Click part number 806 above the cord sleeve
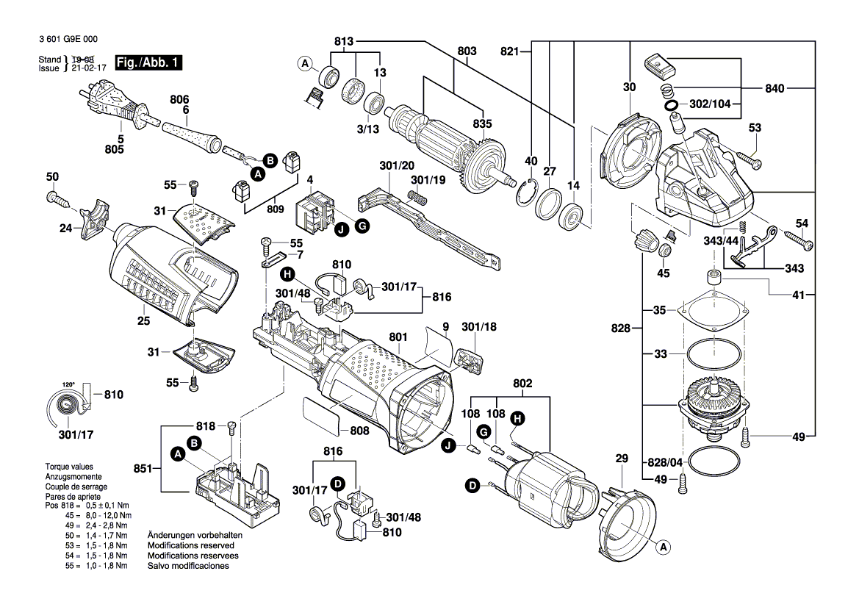pos(179,98)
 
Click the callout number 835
pos(483,123)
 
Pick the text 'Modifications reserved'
pos(190,546)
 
